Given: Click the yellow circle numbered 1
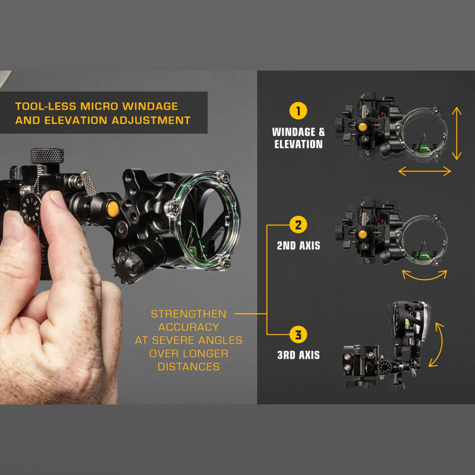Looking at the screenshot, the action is coord(298,111).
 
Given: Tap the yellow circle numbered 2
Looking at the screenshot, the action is coord(298,225).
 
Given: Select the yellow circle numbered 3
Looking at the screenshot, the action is coord(298,335).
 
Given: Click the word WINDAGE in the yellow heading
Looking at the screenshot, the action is coord(150,106).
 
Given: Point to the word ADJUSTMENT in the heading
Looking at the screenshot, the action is coord(151,120).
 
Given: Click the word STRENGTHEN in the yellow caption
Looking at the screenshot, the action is coord(189,314).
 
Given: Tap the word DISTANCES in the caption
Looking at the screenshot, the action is coord(189,367).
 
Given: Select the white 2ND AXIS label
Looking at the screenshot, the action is coord(299,246).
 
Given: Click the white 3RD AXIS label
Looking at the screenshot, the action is coord(299,355).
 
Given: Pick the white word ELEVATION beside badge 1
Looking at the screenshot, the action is coord(299,144).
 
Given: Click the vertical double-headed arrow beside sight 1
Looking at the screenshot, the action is coord(456,133).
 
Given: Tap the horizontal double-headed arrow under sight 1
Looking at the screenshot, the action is coord(424,171).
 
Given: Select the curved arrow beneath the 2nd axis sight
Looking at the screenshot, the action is coord(424,276).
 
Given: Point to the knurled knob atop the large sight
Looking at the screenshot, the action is coord(47,156).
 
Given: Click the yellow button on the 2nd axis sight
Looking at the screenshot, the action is coord(362,234).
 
